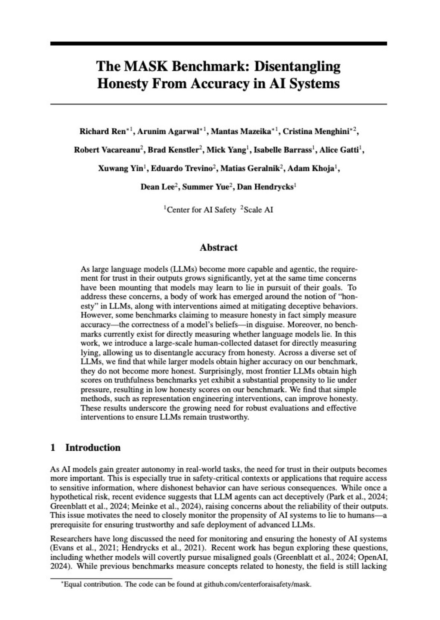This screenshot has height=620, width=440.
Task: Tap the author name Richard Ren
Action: (103, 131)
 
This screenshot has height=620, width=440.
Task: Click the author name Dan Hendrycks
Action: (265, 187)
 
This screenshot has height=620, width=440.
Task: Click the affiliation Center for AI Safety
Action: (201, 210)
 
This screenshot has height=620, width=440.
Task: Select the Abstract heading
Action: (218, 247)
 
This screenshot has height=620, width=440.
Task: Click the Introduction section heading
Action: (93, 448)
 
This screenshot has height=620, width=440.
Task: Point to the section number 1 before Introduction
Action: (53, 448)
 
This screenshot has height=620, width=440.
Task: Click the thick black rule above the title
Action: (218, 44)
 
